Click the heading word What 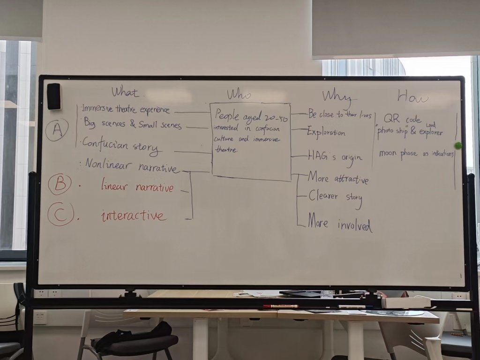125,92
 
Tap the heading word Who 239,94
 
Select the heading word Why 336,96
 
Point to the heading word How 412,96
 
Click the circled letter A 57,130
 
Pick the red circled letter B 60,184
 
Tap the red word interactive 134,216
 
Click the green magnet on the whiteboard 458,145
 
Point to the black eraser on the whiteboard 53,96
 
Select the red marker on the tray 280,306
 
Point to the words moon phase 398,153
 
